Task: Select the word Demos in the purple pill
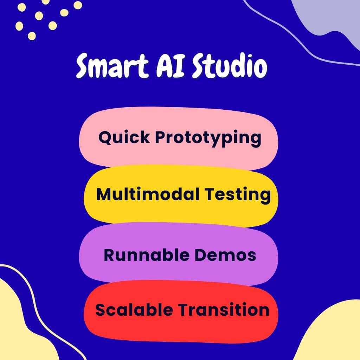coord(225,255)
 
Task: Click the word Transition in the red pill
coord(223,310)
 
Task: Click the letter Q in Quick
coord(105,137)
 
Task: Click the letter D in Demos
coord(201,255)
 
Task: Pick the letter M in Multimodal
coord(103,194)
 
